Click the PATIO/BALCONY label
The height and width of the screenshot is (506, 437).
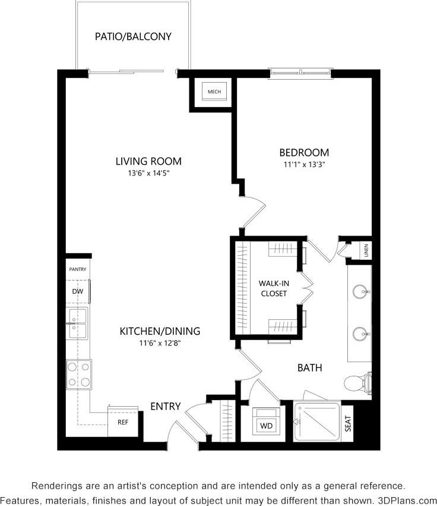tap(133, 37)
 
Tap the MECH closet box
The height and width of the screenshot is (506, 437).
tap(214, 92)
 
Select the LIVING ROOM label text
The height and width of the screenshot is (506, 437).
tap(148, 161)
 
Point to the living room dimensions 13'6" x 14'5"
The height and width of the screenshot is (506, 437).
tap(148, 174)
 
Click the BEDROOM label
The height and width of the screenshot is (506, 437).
tap(305, 153)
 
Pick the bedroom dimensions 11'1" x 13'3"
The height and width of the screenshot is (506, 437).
tap(305, 165)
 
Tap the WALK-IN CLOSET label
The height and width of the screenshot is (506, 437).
tap(273, 288)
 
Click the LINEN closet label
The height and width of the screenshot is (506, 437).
tap(366, 250)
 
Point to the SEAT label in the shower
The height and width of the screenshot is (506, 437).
tap(349, 423)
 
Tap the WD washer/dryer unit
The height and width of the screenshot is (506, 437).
tap(265, 425)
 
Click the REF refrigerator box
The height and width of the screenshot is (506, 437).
tap(123, 423)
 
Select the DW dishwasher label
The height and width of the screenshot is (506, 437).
tap(77, 292)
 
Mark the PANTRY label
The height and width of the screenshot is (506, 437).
tap(78, 269)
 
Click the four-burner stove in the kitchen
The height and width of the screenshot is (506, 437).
tap(79, 375)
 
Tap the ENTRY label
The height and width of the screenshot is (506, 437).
tap(165, 407)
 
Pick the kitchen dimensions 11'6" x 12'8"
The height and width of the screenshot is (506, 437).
tap(160, 343)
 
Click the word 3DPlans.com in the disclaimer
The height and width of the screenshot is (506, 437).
tap(407, 500)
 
